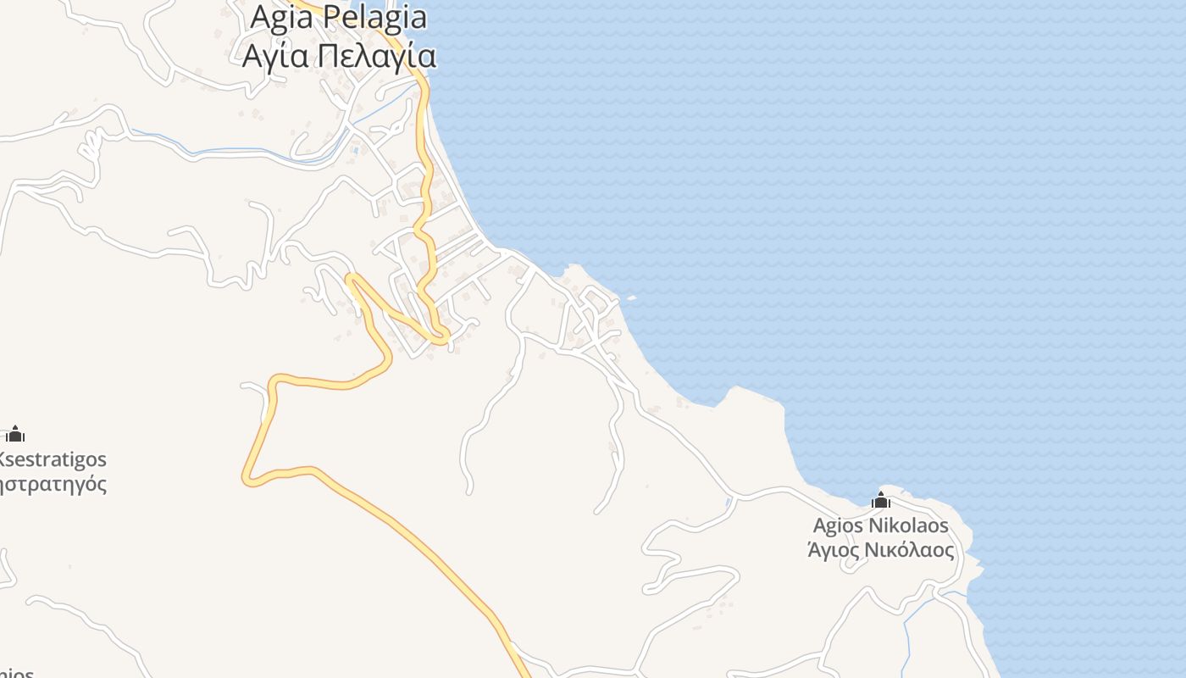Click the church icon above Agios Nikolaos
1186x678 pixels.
coord(881,501)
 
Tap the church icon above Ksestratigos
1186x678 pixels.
coord(15,435)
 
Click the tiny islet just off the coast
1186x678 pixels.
coord(631,297)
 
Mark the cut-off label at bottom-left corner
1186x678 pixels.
coord(15,673)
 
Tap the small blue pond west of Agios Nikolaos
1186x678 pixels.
coord(729,504)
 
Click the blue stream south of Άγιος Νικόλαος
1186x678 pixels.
coord(908,636)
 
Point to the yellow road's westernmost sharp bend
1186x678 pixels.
coord(247,480)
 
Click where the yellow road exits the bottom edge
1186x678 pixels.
coord(525,675)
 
